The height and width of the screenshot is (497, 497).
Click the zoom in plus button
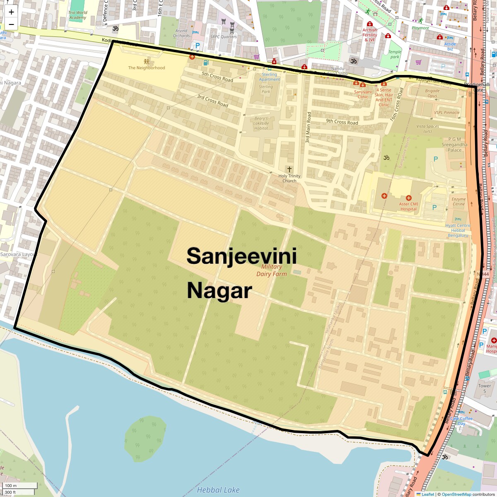(x=11, y=12)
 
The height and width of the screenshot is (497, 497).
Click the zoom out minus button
(x=11, y=24)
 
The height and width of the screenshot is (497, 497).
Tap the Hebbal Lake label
(x=218, y=490)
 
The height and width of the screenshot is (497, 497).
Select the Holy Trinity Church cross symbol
(x=289, y=169)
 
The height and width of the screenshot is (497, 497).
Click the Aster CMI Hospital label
(x=408, y=206)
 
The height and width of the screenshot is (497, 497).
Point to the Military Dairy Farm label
(x=271, y=270)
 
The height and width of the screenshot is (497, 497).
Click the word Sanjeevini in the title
(x=241, y=256)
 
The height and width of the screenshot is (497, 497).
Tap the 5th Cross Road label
(x=217, y=77)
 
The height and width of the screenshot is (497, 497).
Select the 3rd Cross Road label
(x=212, y=101)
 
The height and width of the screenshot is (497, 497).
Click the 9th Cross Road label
(x=342, y=122)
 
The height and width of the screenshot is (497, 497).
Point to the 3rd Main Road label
(x=308, y=127)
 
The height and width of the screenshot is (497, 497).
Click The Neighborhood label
(x=146, y=68)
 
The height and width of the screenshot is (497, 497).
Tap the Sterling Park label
(x=266, y=89)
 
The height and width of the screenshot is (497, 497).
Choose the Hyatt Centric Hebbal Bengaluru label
(x=458, y=230)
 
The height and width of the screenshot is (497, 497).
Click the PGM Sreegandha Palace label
(x=454, y=145)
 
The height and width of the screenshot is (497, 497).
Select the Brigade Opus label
(x=432, y=93)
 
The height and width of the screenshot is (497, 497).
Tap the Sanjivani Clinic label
(x=362, y=94)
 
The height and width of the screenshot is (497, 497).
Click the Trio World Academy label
(x=78, y=15)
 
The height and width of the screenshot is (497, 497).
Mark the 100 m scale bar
(x=11, y=485)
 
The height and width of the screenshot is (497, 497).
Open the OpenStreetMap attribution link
(x=456, y=494)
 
